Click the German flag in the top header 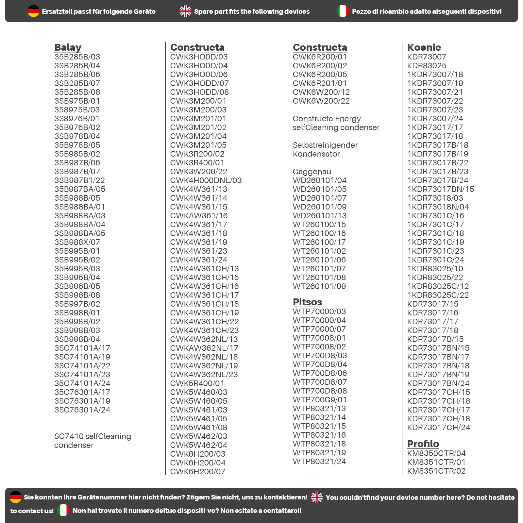coord(33,11)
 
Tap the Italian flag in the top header coord(343,11)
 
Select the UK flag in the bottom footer coord(317,497)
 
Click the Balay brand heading coord(68,47)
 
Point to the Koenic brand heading coord(424,47)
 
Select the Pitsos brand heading coord(307,302)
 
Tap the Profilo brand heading coord(423,444)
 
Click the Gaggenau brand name coord(312,172)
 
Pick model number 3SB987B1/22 coord(79,180)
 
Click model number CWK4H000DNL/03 coord(206,180)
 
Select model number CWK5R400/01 coord(197,383)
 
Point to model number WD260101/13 coord(319,216)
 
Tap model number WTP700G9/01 coord(319,400)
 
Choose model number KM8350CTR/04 coord(436,453)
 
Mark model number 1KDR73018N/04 coord(438,207)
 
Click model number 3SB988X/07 coord(77,242)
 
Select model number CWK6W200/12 coord(321,92)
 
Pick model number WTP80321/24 coord(319,462)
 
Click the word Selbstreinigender coord(325,145)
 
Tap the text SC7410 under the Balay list coord(69,436)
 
